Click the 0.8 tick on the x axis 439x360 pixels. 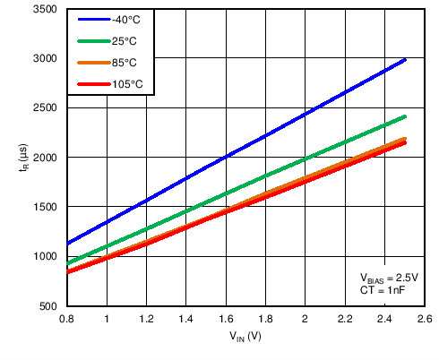[x=66, y=319]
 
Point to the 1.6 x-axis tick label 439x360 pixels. [x=226, y=319]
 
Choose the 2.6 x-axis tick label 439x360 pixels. [x=425, y=319]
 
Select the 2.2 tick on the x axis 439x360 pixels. [x=345, y=319]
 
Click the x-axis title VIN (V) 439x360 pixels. [x=244, y=338]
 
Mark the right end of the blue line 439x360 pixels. [x=405, y=60]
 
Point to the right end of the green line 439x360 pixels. [x=405, y=116]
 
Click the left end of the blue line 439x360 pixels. [x=67, y=244]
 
